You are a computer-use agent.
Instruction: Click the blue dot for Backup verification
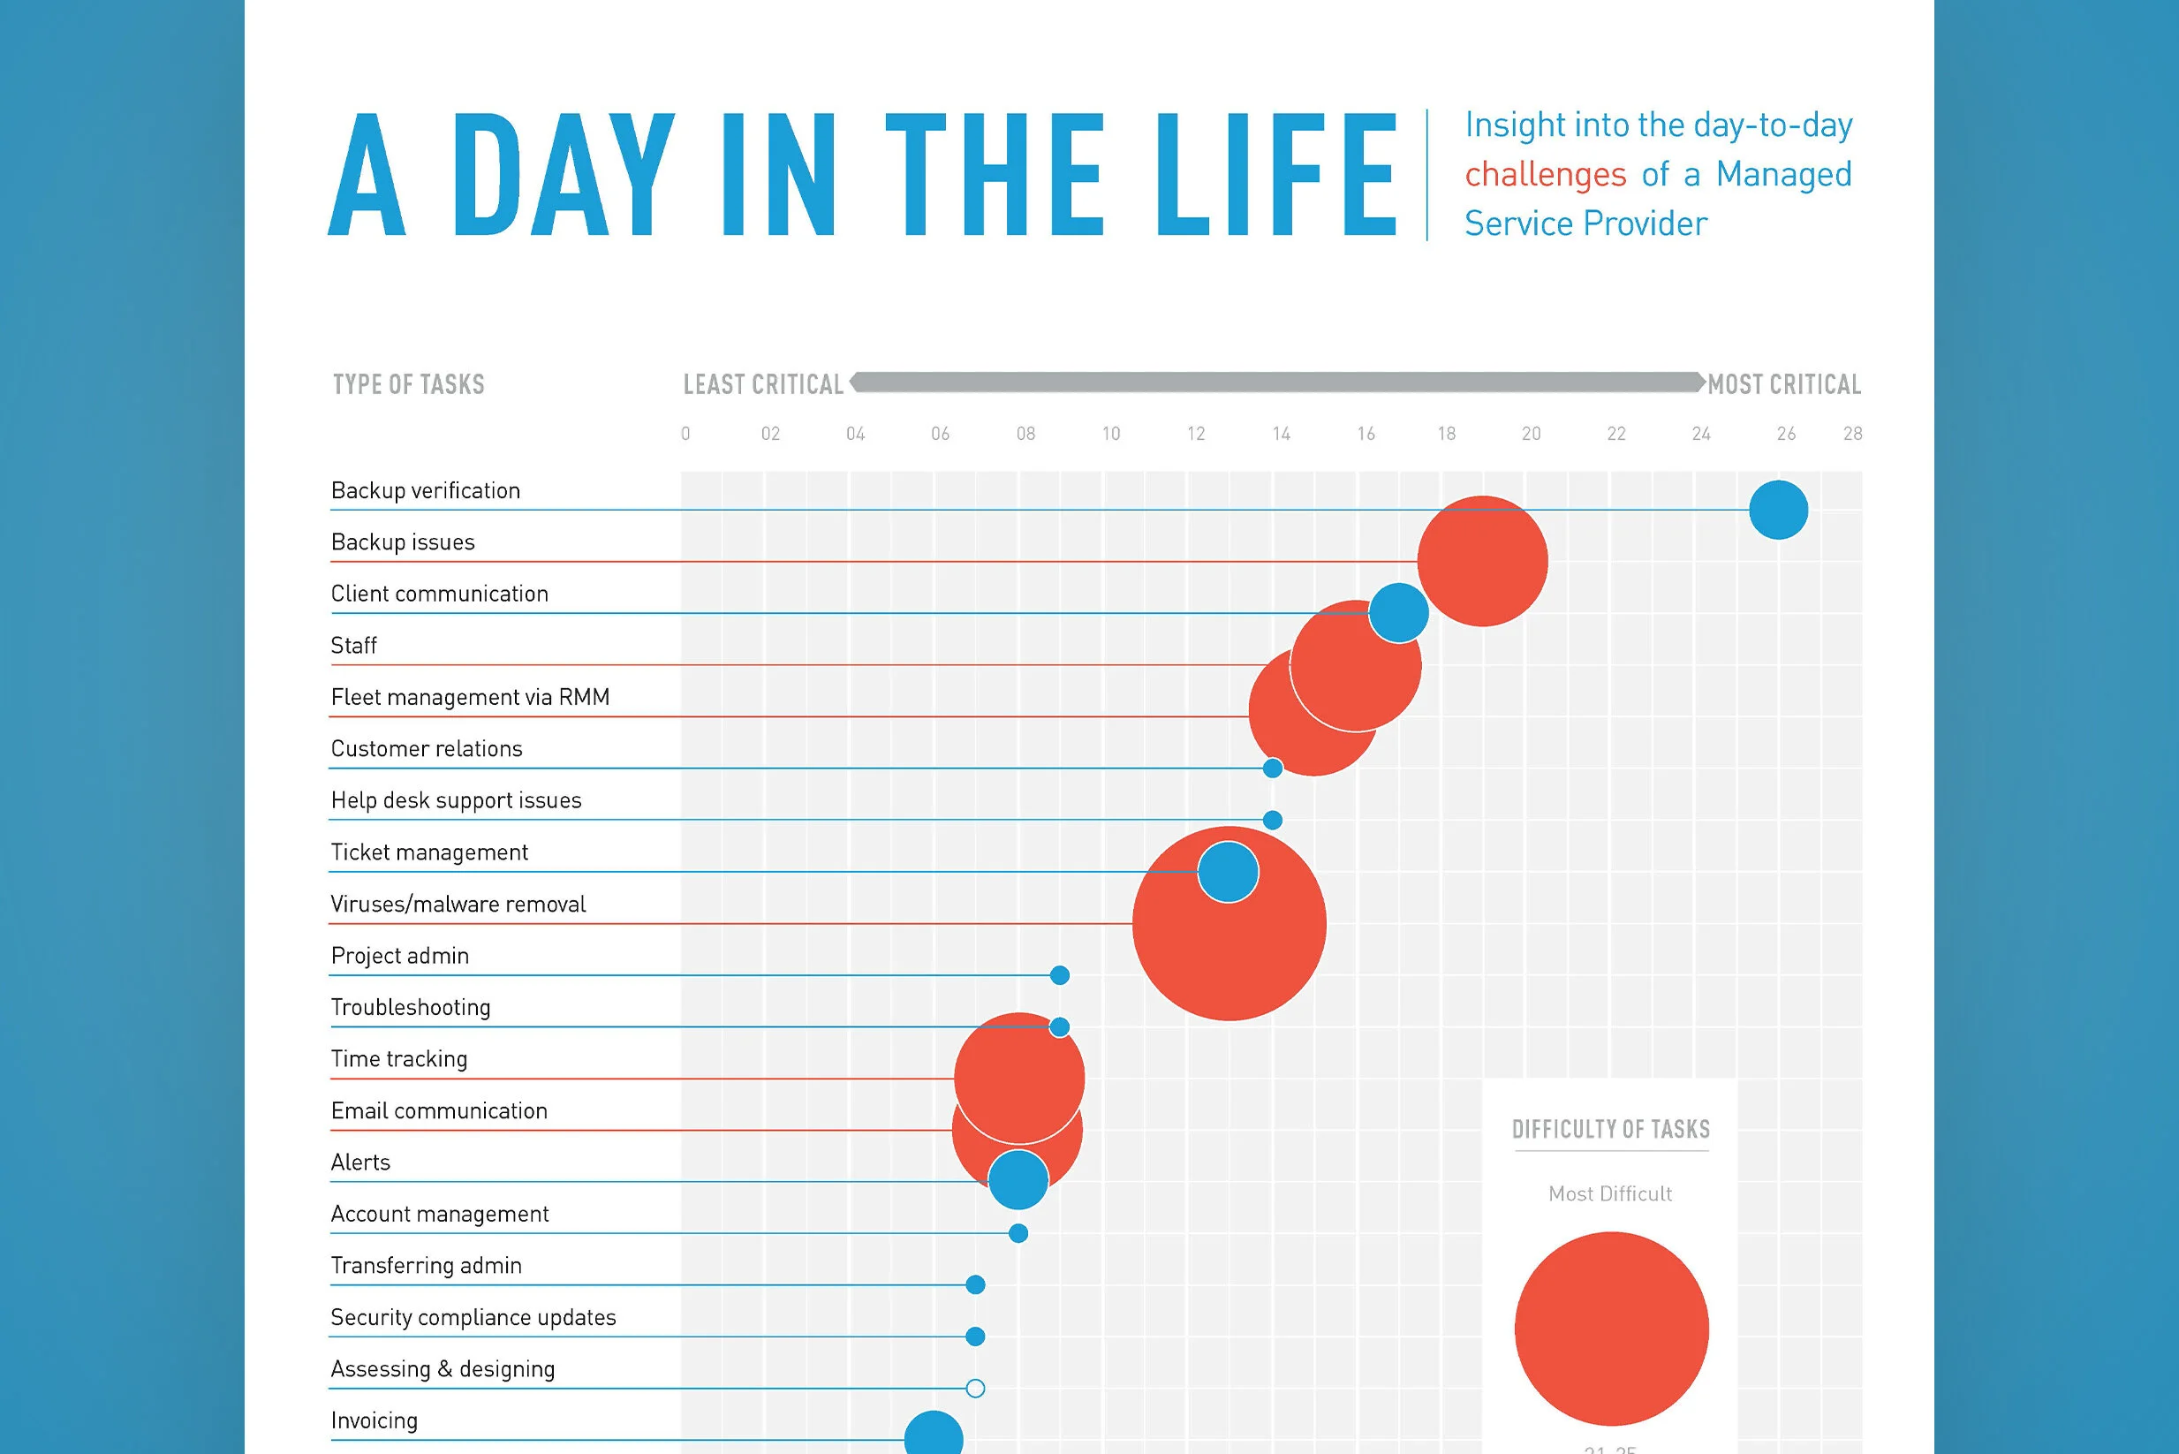tap(1777, 510)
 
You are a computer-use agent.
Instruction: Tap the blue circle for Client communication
tap(1398, 613)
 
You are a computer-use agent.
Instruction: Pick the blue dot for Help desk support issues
tap(1272, 820)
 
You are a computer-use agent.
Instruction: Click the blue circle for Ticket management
tap(1228, 872)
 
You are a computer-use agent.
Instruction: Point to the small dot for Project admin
tap(1059, 974)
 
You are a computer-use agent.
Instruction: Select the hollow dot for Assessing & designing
tap(974, 1388)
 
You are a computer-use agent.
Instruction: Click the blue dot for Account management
tap(1018, 1233)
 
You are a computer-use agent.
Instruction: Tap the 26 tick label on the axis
tap(1786, 434)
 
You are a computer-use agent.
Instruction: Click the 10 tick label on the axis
tap(1111, 434)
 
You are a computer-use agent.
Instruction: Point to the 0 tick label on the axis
tap(685, 434)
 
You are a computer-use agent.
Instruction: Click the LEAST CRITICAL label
tap(763, 385)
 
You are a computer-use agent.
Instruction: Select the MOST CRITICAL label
tap(1784, 385)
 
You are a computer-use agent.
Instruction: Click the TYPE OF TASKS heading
tap(408, 385)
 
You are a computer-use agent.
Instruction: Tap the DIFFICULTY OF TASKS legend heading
tap(1610, 1130)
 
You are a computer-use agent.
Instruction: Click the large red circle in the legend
tap(1610, 1328)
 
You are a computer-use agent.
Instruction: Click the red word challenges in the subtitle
tap(1545, 174)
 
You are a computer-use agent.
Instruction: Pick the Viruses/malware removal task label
tap(458, 905)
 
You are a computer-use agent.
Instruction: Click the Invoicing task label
tap(374, 1420)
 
